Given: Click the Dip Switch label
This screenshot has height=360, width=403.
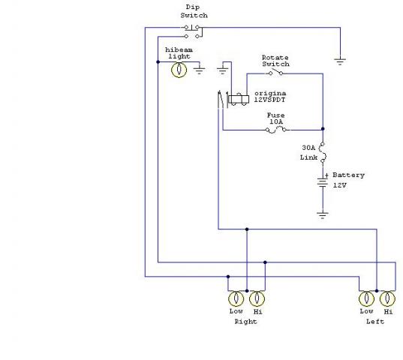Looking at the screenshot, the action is (194, 11).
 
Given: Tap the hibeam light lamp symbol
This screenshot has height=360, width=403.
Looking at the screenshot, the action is (179, 70).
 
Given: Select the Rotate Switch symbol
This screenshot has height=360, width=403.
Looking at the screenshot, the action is (275, 73).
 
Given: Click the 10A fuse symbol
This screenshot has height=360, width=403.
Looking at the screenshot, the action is (275, 130).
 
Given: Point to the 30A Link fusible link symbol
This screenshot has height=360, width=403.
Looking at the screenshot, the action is (323, 152).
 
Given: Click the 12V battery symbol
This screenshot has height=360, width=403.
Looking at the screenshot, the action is (323, 182).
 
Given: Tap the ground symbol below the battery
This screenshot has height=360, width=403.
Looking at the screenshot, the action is (323, 215).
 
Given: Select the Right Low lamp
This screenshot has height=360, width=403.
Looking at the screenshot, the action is (236, 298).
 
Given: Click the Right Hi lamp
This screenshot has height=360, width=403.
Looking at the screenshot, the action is (257, 298).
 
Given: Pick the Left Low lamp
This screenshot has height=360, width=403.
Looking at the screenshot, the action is (366, 298).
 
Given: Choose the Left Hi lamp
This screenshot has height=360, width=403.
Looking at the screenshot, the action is (387, 298).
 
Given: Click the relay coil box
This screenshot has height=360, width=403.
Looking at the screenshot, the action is (239, 99).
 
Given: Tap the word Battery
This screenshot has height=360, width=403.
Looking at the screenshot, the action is (348, 175).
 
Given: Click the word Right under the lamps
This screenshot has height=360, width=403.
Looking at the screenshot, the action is (245, 322).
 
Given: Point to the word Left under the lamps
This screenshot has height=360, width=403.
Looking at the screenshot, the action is (375, 322).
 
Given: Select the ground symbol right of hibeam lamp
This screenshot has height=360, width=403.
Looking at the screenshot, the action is (199, 70).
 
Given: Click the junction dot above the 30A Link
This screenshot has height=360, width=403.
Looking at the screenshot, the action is (323, 129).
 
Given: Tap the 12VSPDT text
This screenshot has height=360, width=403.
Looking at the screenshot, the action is (269, 100).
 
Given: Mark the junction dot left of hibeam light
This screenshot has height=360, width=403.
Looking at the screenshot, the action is (158, 62).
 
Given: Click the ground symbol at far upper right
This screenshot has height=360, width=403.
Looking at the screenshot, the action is (340, 61).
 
